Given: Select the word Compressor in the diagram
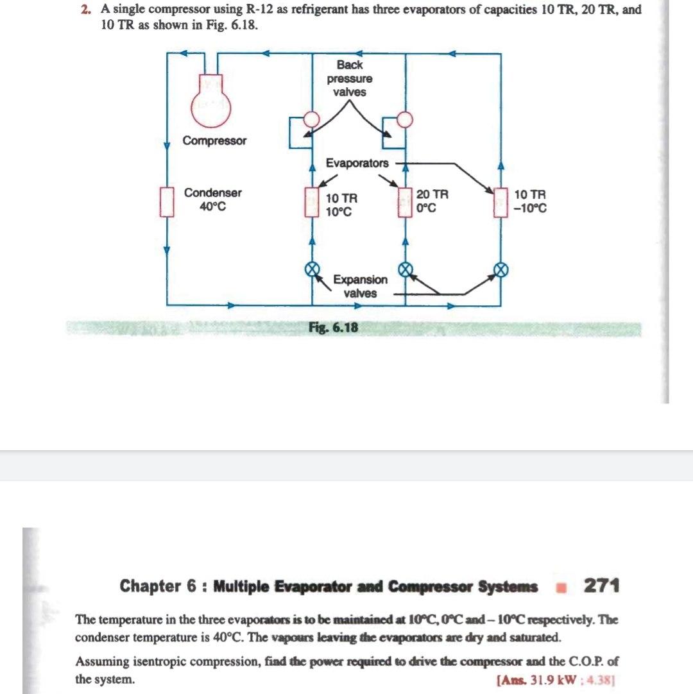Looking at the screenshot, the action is [214, 141].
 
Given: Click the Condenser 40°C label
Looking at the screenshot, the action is [213, 199].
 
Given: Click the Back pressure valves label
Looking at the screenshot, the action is [350, 78].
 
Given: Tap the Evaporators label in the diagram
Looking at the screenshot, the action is [357, 164].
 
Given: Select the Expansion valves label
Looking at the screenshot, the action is [360, 286].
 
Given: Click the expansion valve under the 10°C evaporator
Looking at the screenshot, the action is [311, 269].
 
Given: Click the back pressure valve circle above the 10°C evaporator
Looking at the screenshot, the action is [311, 119].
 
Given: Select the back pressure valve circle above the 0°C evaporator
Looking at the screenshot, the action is [405, 119].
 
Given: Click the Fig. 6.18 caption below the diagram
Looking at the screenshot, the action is [334, 328].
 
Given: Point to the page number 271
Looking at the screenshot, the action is [601, 585].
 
